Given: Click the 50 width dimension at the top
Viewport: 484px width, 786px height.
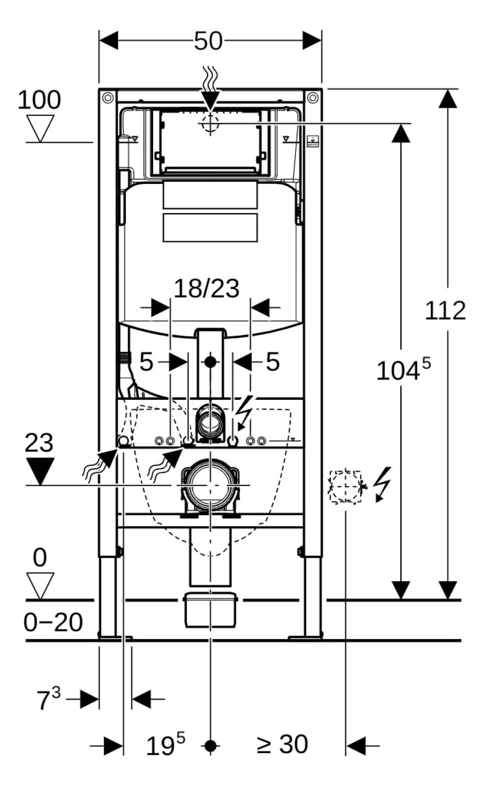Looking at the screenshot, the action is pyautogui.click(x=208, y=40).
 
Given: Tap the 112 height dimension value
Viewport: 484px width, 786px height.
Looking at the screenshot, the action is pyautogui.click(x=445, y=310).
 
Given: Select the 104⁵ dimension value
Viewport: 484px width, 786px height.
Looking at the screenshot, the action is pyautogui.click(x=403, y=369).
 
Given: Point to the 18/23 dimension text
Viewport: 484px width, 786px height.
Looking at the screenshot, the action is pyautogui.click(x=206, y=289).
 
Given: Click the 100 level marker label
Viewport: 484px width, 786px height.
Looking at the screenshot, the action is pyautogui.click(x=39, y=100).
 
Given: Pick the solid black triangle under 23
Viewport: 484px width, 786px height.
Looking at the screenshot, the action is pyautogui.click(x=40, y=471).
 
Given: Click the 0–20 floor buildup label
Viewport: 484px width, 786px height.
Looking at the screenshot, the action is pyautogui.click(x=53, y=622).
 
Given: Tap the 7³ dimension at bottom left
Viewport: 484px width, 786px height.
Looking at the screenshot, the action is pyautogui.click(x=48, y=699).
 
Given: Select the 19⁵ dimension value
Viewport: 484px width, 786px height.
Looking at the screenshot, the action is pyautogui.click(x=165, y=745).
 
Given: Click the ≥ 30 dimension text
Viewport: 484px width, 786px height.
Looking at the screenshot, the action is pyautogui.click(x=282, y=744).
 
